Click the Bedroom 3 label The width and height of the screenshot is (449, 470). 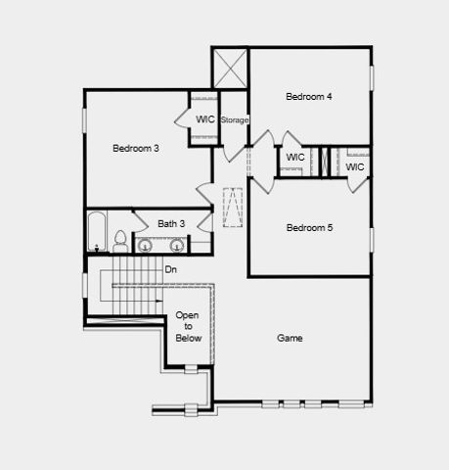pos(136,148)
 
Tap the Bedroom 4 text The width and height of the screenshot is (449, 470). pos(309,96)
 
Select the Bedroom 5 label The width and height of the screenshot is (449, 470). pos(309,228)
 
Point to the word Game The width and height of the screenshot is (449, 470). pos(290,338)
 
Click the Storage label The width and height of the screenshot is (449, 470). pos(235,119)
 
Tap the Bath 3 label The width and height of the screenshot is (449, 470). pos(171,224)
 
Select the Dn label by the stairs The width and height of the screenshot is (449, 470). pos(170,268)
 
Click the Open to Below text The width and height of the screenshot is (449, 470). pos(188,326)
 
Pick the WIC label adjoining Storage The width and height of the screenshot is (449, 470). pos(205,118)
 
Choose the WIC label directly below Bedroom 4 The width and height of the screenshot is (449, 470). pos(295,157)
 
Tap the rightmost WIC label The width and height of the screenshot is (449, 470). pos(355,166)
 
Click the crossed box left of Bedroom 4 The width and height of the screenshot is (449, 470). pos(231,70)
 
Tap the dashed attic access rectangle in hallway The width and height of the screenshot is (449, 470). pos(234,208)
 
